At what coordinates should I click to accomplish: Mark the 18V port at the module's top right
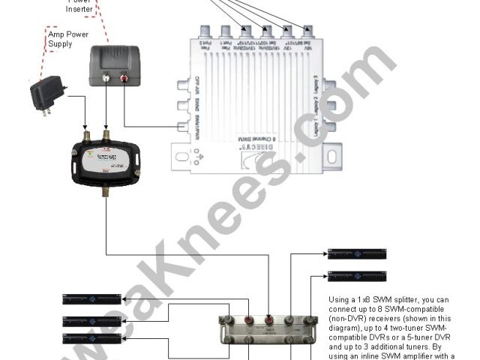coord(307,31)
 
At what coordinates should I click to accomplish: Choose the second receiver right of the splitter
coord(356,277)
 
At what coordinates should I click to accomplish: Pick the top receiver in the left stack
coord(91,299)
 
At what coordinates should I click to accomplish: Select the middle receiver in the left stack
coord(91,320)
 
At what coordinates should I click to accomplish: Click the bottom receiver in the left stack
coord(91,339)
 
